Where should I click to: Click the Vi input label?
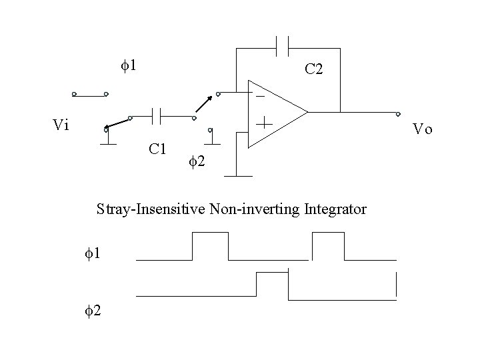point(61,125)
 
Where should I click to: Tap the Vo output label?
point(422,129)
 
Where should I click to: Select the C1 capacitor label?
point(157,148)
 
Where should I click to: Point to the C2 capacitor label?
point(314,69)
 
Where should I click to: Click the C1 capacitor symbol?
point(157,117)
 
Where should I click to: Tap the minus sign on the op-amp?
point(259,97)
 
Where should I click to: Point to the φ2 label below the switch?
point(196,161)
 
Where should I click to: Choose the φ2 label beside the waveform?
point(93,309)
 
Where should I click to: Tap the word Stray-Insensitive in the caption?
point(151,209)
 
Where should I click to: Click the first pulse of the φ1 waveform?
point(210,245)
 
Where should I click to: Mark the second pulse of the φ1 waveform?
point(328,245)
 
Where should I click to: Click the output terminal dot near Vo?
point(398,114)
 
